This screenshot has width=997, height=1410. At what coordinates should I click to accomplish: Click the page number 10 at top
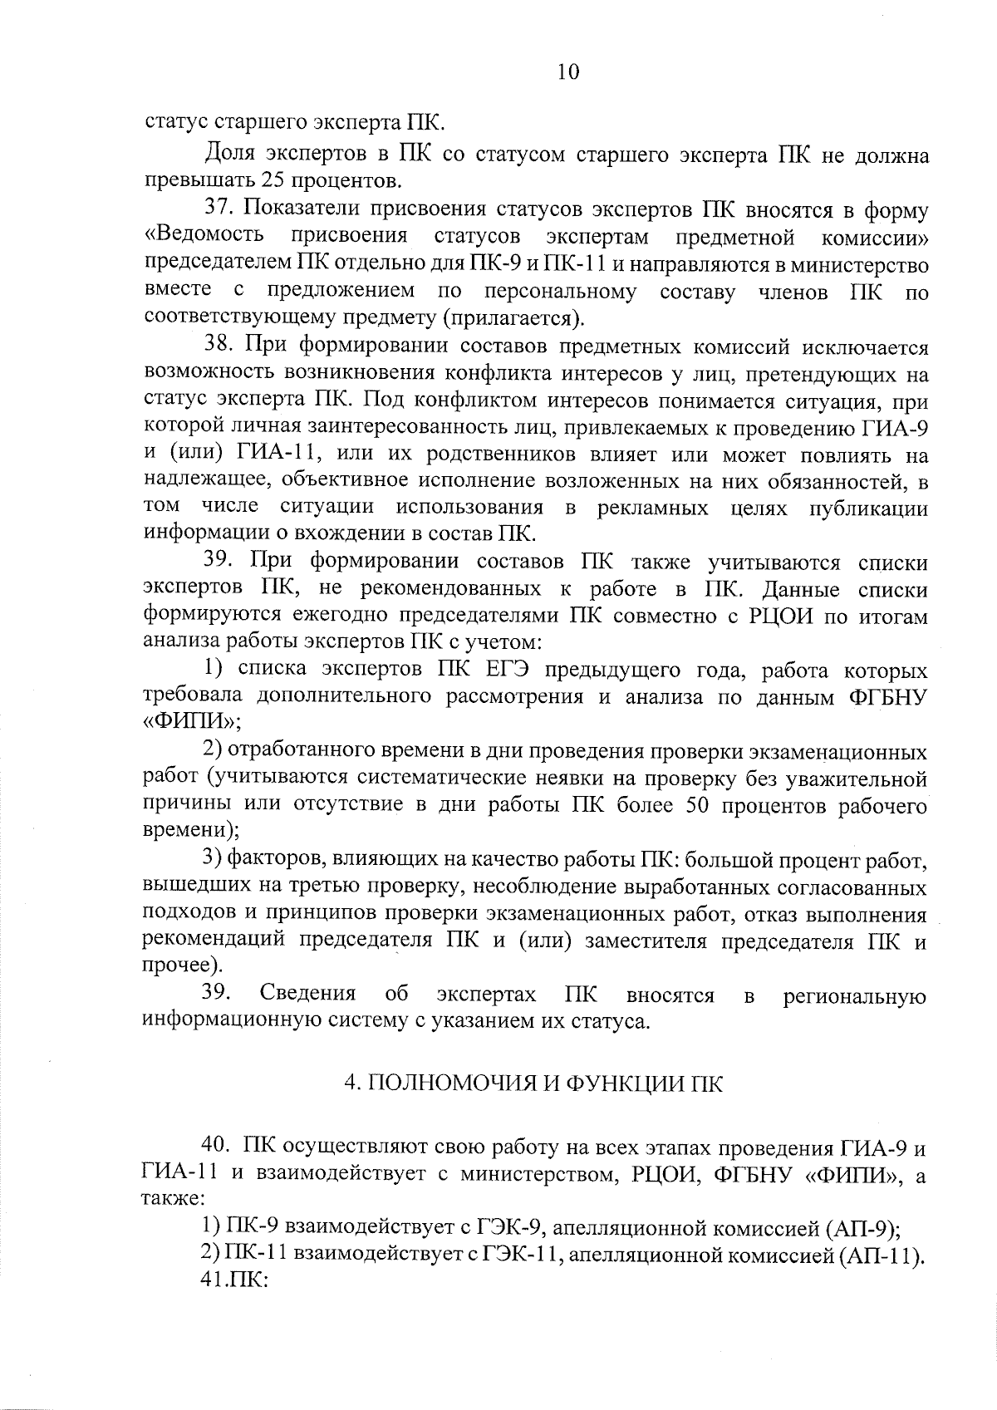click(x=568, y=72)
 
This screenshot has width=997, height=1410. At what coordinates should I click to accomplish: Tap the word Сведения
click(x=307, y=994)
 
